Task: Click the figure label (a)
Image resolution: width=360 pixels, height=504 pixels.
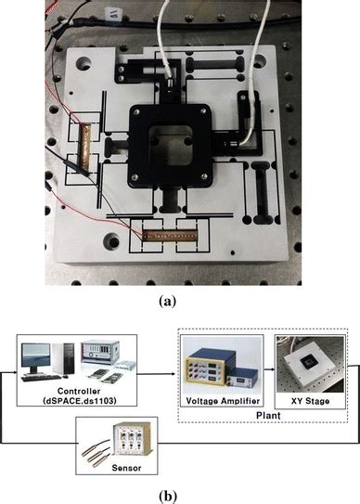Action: point(180,301)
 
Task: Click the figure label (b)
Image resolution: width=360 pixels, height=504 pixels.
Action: point(180,494)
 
